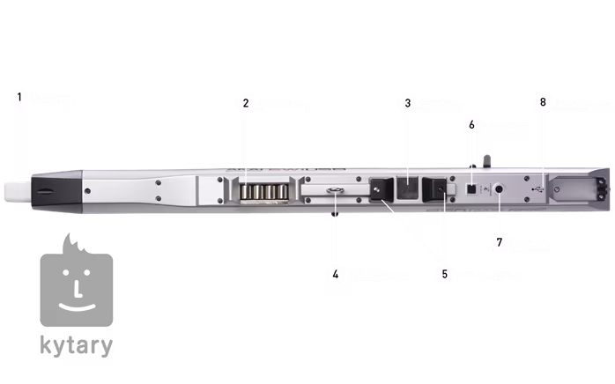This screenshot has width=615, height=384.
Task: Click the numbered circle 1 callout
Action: [17, 98]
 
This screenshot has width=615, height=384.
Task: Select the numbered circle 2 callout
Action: [245, 104]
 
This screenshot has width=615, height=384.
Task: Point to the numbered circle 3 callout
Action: [407, 104]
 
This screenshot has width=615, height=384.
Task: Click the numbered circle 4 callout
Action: [335, 274]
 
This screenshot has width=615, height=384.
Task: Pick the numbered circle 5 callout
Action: [445, 274]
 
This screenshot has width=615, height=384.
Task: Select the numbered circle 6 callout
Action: [471, 125]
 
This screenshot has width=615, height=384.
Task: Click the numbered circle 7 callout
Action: [500, 241]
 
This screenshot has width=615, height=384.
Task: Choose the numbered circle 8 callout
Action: [543, 103]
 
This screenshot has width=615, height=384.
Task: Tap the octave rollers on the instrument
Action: [261, 191]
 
